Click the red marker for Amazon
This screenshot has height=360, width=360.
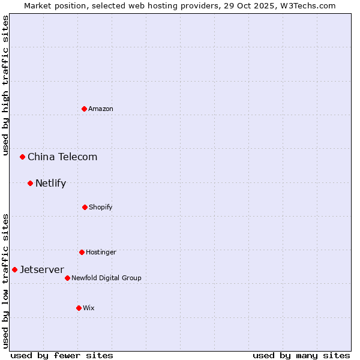click(85, 109)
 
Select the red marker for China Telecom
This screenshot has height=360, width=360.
click(23, 157)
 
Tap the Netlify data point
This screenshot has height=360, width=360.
click(30, 183)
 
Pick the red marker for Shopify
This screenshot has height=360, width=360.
click(85, 207)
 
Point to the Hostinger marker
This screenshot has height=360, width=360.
click(82, 252)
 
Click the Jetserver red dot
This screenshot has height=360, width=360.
click(14, 269)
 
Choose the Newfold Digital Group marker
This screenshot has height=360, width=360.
click(67, 278)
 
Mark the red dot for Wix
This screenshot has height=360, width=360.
click(79, 308)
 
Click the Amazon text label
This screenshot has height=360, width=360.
click(101, 109)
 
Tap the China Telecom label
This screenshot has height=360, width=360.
click(62, 157)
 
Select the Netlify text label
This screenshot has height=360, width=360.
click(50, 183)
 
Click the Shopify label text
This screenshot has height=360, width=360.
click(101, 207)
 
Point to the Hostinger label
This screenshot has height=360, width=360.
click(101, 252)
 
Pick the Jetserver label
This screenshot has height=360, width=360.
click(42, 269)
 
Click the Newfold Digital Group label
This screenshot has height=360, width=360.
click(106, 278)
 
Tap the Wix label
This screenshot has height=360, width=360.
click(89, 308)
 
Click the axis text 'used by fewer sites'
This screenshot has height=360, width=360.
click(62, 355)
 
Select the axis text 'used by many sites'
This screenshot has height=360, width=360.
click(301, 355)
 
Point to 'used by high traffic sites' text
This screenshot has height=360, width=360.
click(6, 85)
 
